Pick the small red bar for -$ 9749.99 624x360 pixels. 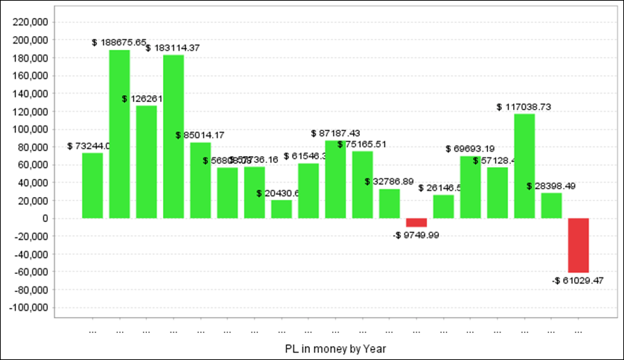pyautogui.click(x=417, y=223)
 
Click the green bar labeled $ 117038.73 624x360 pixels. pyautogui.click(x=524, y=166)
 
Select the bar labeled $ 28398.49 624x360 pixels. pyautogui.click(x=551, y=205)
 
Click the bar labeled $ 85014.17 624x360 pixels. pyautogui.click(x=200, y=180)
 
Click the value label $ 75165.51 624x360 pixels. pyautogui.click(x=362, y=144)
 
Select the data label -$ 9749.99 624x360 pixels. pyautogui.click(x=416, y=235)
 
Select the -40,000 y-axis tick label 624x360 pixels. pyautogui.click(x=30, y=254)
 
